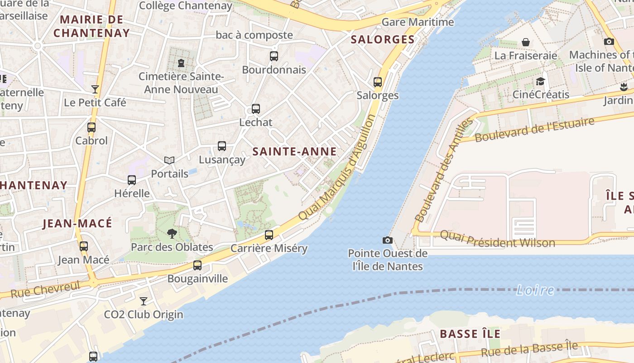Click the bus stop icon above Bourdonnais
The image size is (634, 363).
pyautogui.click(x=274, y=56)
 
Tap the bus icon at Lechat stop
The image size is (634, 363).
pyautogui.click(x=256, y=109)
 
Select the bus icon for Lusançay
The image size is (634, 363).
pyautogui.click(x=222, y=146)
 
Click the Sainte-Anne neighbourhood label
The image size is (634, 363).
pyautogui.click(x=294, y=152)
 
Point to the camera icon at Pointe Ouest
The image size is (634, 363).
pyautogui.click(x=388, y=240)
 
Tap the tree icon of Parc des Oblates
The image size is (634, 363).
pyautogui.click(x=172, y=234)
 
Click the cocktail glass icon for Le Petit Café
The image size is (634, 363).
pyautogui.click(x=95, y=89)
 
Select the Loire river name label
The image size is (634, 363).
pyautogui.click(x=535, y=290)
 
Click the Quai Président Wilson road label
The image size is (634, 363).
pyautogui.click(x=497, y=239)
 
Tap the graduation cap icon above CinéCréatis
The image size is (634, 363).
pyautogui.click(x=540, y=82)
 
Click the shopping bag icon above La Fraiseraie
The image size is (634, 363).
pyautogui.click(x=526, y=42)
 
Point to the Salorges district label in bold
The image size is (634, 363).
pyautogui.click(x=383, y=39)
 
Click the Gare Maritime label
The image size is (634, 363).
pyautogui.click(x=418, y=22)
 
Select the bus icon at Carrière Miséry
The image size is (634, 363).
pyautogui.click(x=269, y=235)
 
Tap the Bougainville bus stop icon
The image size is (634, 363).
pyautogui.click(x=197, y=265)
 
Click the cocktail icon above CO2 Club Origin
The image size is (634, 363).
pyautogui.click(x=144, y=301)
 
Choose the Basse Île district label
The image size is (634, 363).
pyautogui.click(x=470, y=334)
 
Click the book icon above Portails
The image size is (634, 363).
pyautogui.click(x=169, y=160)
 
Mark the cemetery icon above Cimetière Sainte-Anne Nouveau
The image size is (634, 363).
pyautogui.click(x=181, y=63)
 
